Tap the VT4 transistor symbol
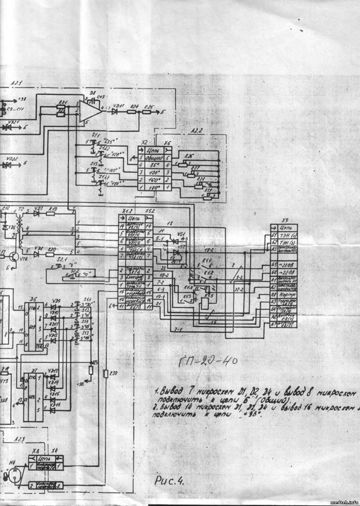click(x=14, y=257)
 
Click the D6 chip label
click(x=33, y=300)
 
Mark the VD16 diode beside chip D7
click(x=53, y=411)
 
